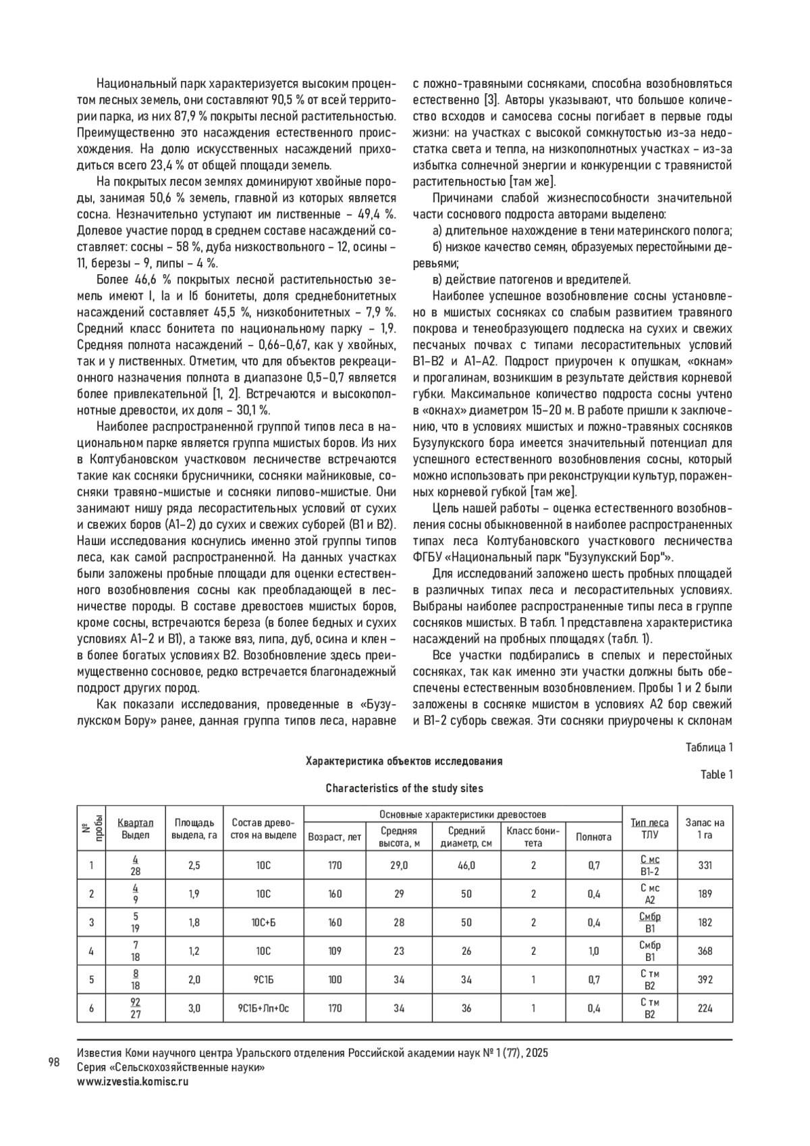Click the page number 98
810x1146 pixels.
pyautogui.click(x=54, y=1062)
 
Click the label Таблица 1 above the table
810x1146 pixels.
pyautogui.click(x=709, y=747)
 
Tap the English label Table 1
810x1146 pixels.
pyautogui.click(x=717, y=775)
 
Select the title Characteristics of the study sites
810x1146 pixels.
pyautogui.click(x=404, y=788)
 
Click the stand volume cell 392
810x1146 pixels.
pyautogui.click(x=705, y=980)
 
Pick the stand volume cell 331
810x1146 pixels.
pyautogui.click(x=705, y=865)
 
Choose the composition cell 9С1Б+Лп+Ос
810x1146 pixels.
pyautogui.click(x=263, y=1008)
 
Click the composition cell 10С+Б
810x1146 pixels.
pyautogui.click(x=263, y=922)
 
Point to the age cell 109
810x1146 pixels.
pyautogui.click(x=335, y=951)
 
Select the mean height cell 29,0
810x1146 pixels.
pyautogui.click(x=399, y=865)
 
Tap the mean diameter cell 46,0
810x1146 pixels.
pyautogui.click(x=466, y=865)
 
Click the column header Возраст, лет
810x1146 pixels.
pyautogui.click(x=335, y=837)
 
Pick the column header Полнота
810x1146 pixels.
pyautogui.click(x=593, y=837)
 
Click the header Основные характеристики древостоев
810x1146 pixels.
pyautogui.click(x=463, y=814)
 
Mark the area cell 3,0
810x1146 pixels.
pyautogui.click(x=194, y=1008)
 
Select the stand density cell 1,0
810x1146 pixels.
pyautogui.click(x=593, y=951)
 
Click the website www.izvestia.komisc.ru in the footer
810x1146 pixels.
pyautogui.click(x=133, y=1080)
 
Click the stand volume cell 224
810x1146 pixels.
pyautogui.click(x=705, y=1008)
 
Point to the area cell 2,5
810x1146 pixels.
pyautogui.click(x=194, y=865)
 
